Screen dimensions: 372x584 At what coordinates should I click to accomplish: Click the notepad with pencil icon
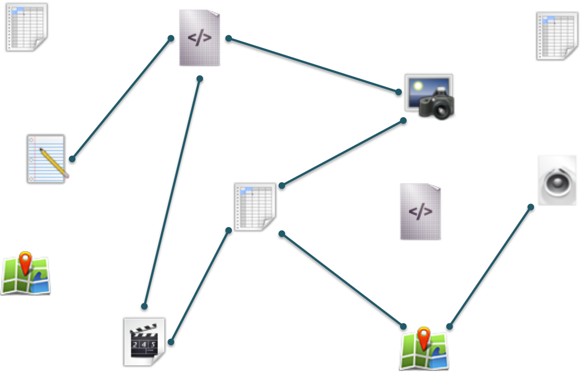(46, 159)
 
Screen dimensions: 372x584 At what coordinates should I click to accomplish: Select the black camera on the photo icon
(437, 104)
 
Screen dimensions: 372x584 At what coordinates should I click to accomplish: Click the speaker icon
(557, 180)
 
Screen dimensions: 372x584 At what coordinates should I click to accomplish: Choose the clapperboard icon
(144, 342)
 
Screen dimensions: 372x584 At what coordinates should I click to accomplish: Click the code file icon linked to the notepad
(199, 38)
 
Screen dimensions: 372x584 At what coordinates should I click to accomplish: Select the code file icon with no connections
(420, 212)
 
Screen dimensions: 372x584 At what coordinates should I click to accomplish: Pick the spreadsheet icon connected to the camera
(255, 207)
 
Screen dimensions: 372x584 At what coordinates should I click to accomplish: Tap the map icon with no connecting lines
(26, 275)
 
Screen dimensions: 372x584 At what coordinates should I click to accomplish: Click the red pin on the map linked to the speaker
(423, 337)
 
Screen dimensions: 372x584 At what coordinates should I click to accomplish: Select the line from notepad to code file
(121, 99)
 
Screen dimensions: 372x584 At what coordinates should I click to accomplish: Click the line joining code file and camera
(313, 65)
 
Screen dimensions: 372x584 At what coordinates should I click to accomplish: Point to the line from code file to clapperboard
(172, 192)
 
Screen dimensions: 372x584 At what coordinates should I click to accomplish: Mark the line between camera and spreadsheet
(342, 153)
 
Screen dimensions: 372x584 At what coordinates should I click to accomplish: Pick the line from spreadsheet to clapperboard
(200, 286)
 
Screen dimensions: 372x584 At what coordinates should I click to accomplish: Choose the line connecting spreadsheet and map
(342, 279)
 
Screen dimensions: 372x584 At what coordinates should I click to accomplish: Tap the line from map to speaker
(490, 266)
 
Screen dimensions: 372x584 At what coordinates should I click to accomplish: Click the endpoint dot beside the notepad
(72, 159)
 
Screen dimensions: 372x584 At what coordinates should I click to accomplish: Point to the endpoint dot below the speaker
(530, 207)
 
